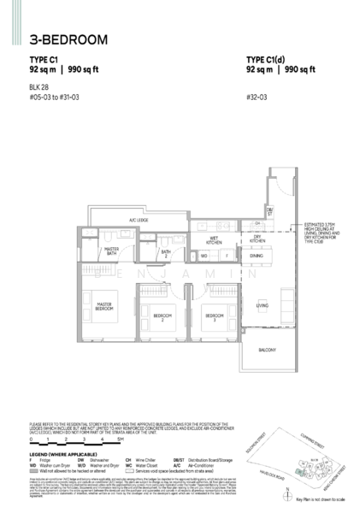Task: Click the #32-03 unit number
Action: coord(256,97)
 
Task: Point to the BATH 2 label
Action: coord(168,253)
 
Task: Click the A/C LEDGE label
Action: coord(139,221)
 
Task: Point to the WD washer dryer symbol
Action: coord(204,255)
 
